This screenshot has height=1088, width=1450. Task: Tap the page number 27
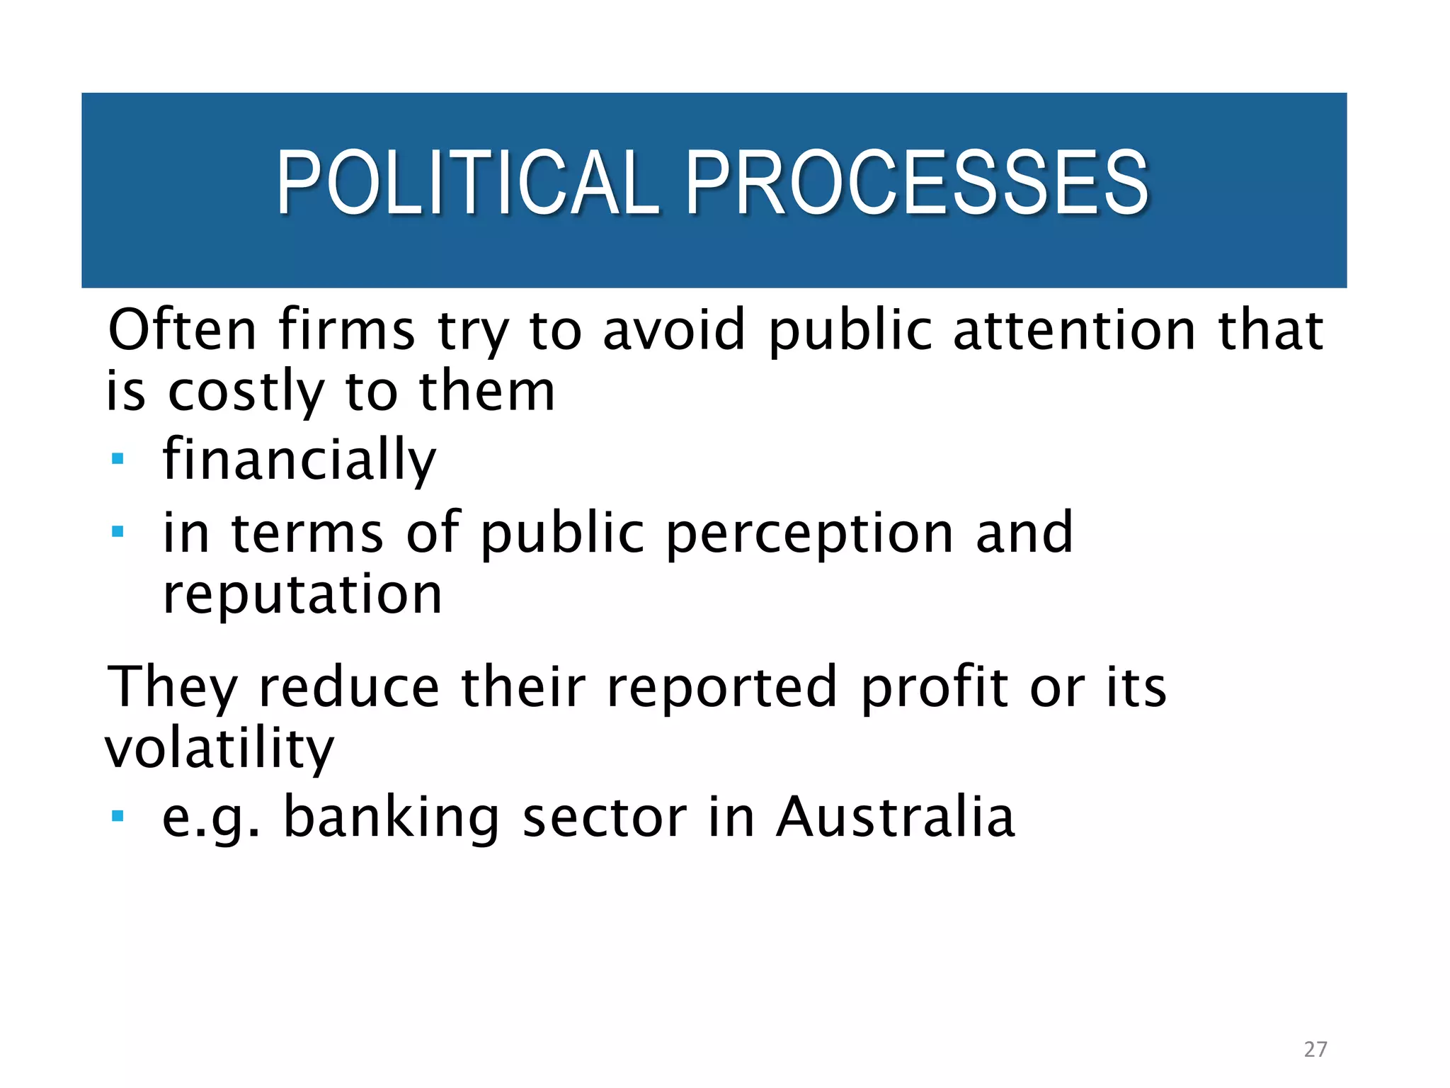pyautogui.click(x=1315, y=1049)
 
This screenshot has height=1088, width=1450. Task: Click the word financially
pyautogui.click(x=299, y=460)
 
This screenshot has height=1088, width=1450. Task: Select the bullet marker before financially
pyautogui.click(x=118, y=459)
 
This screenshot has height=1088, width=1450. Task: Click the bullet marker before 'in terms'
pyautogui.click(x=118, y=531)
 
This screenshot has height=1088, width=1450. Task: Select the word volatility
pyautogui.click(x=219, y=749)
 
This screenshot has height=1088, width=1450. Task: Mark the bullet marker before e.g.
pyautogui.click(x=118, y=817)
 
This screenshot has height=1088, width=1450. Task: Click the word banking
pyautogui.click(x=392, y=818)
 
